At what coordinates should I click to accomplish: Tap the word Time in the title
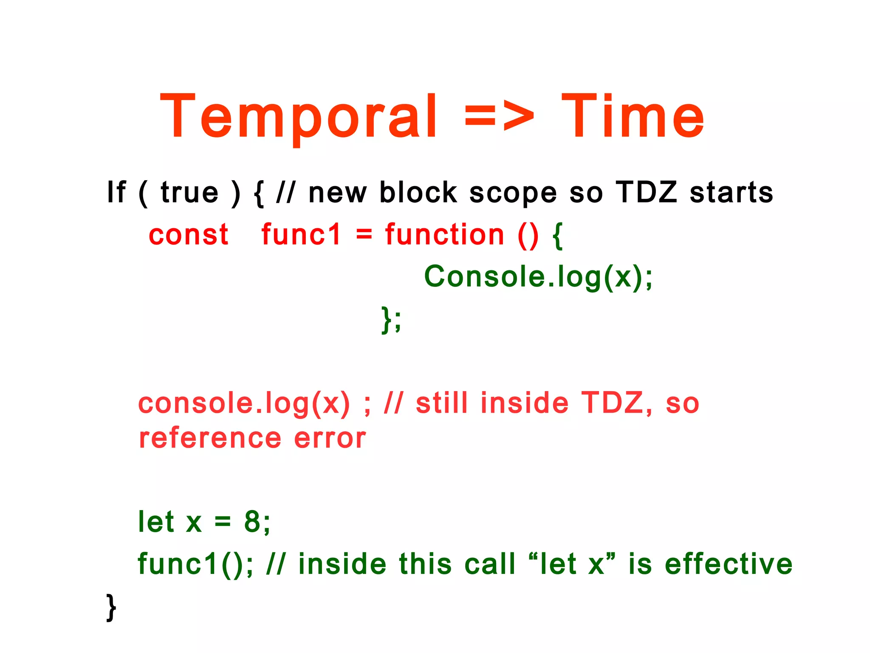[633, 117]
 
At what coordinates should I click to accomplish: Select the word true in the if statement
[189, 193]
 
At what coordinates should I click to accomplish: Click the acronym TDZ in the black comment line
[646, 193]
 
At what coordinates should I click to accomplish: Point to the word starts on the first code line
[731, 193]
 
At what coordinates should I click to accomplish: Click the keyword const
[189, 235]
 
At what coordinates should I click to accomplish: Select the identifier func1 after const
[301, 235]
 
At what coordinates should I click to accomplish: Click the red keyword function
[444, 235]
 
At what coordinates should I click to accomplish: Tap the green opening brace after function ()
[558, 236]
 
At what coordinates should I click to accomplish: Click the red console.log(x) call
[244, 403]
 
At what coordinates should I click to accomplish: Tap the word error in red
[330, 438]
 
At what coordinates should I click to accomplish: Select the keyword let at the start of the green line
[156, 522]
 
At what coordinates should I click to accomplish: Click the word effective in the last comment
[729, 564]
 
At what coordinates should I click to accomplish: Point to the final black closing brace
[111, 608]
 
